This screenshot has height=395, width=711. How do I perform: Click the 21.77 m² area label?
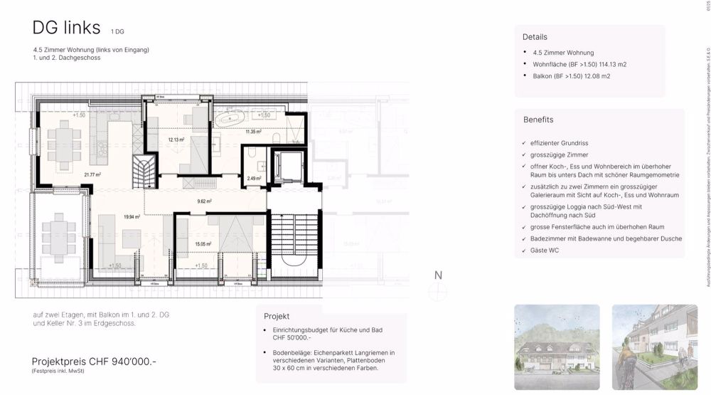pyautogui.click(x=92, y=174)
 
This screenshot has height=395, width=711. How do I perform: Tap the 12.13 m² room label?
pyautogui.click(x=176, y=140)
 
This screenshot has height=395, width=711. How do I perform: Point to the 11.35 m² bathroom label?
pyautogui.click(x=254, y=132)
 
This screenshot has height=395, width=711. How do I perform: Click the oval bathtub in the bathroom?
pyautogui.click(x=231, y=117)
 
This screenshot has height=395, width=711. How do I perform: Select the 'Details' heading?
pyautogui.click(x=535, y=37)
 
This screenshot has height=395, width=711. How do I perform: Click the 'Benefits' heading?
pyautogui.click(x=538, y=120)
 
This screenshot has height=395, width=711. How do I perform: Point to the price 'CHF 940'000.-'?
pyautogui.click(x=124, y=362)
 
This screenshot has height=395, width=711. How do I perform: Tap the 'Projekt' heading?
pyautogui.click(x=277, y=315)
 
